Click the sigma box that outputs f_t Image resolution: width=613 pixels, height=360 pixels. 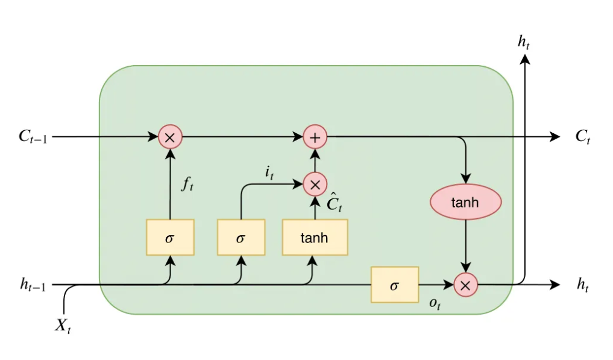[170, 237]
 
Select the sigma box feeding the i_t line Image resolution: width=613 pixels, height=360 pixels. [241, 237]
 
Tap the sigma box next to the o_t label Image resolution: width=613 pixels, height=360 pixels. [394, 285]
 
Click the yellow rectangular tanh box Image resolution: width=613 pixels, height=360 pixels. [315, 237]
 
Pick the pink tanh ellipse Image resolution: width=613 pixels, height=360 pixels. [465, 202]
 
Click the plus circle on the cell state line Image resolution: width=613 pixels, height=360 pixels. [315, 137]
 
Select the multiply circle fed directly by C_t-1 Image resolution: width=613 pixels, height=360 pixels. [170, 137]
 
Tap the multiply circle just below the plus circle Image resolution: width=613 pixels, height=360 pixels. [315, 184]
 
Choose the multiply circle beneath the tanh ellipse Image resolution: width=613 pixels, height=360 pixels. [465, 285]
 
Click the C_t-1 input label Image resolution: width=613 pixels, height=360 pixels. [33, 137]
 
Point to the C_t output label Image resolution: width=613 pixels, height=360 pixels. [582, 137]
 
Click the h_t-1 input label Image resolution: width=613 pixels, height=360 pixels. [33, 285]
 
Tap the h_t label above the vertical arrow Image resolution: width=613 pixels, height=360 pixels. [524, 42]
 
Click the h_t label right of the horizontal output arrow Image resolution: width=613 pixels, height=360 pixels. [582, 285]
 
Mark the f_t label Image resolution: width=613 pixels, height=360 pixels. [187, 185]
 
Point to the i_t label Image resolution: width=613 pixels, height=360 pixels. [269, 172]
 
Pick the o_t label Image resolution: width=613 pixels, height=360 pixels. [435, 304]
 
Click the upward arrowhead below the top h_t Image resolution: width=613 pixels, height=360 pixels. [525, 58]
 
